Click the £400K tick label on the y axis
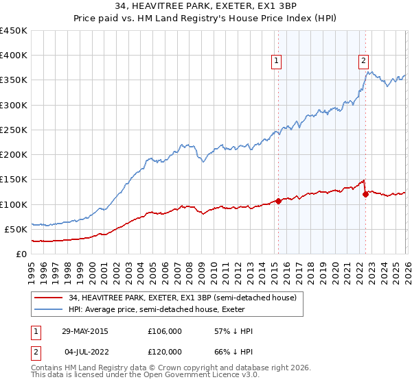[x=14, y=56]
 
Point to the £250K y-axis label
[x=14, y=130]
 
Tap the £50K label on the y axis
[x=16, y=229]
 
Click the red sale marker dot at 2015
[x=278, y=201]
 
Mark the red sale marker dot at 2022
[x=365, y=194]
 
